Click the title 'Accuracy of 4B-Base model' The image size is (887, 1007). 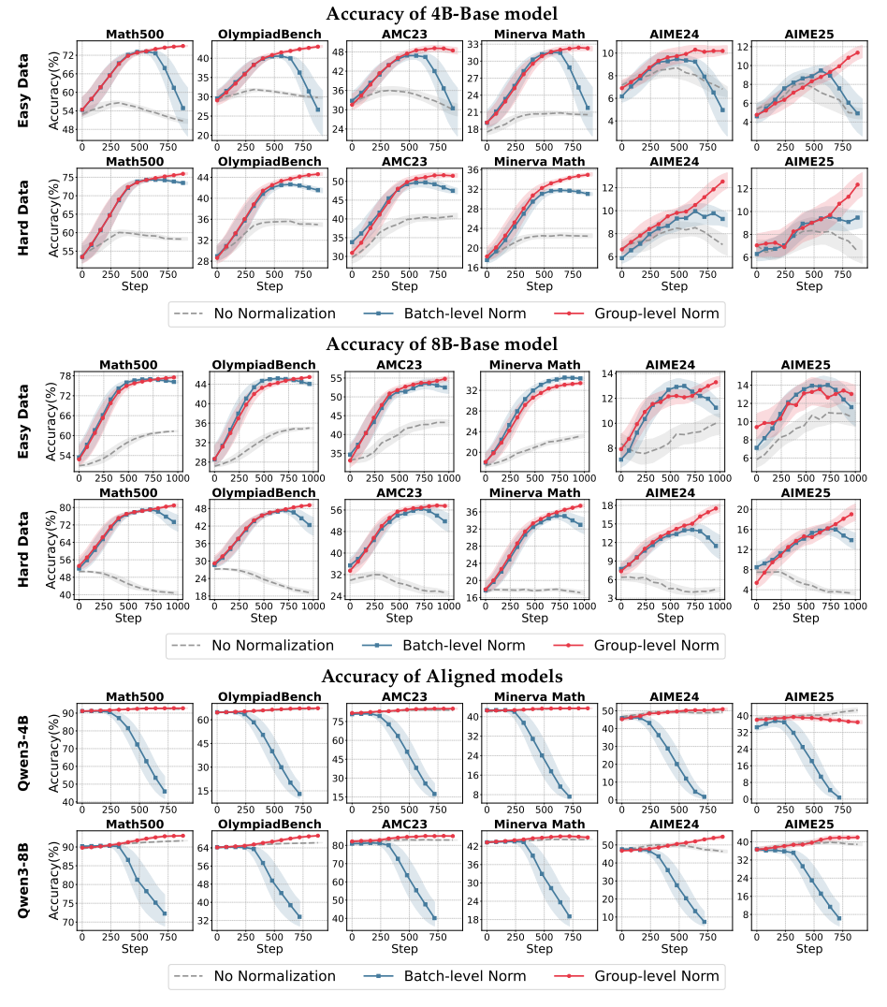pos(443,13)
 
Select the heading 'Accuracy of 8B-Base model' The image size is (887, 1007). pos(443,344)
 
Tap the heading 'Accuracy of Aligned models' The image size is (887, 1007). pos(443,676)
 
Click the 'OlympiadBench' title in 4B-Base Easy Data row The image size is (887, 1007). pos(269,35)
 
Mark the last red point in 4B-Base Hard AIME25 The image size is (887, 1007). pos(857,184)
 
